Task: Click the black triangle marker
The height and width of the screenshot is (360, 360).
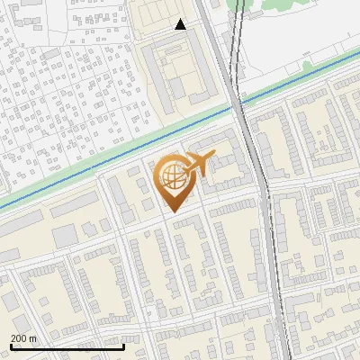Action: [x=181, y=24]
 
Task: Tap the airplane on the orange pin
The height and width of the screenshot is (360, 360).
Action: [x=199, y=165]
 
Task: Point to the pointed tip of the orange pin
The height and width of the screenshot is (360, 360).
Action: [x=172, y=211]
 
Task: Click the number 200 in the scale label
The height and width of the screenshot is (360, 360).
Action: [x=20, y=337]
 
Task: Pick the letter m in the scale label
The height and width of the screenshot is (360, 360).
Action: [x=34, y=337]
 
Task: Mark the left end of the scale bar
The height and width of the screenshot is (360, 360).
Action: [x=11, y=346]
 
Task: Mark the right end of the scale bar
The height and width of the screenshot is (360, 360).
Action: [x=123, y=346]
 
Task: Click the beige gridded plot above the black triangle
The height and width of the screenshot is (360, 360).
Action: [x=162, y=11]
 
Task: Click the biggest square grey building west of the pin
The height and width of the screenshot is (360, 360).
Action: [x=64, y=236]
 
